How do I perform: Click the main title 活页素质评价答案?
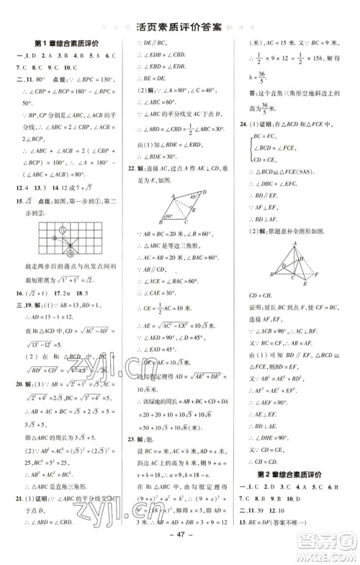click(179, 28)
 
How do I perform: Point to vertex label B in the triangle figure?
click(271, 275)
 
